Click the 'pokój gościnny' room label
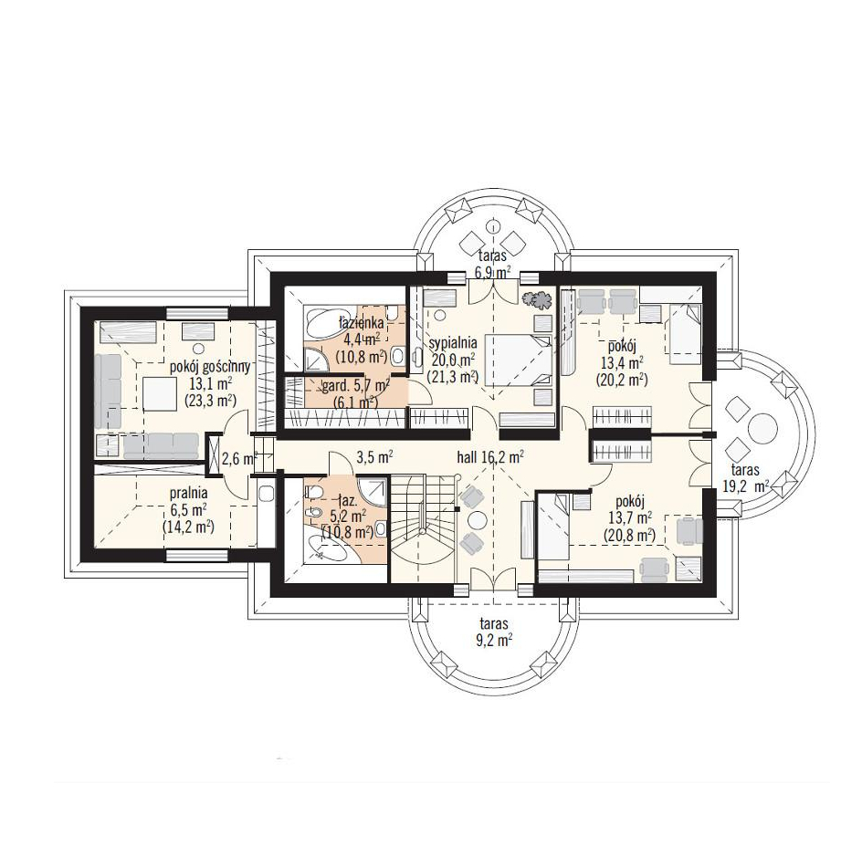click(211, 367)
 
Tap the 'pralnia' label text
click(188, 494)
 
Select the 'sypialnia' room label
click(452, 343)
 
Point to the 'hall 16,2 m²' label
click(489, 456)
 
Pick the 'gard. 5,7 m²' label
click(356, 386)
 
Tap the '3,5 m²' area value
click(374, 456)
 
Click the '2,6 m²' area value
click(238, 457)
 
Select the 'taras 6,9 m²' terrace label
click(492, 263)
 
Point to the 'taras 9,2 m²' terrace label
click(494, 632)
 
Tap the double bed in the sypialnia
click(519, 361)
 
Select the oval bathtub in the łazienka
click(324, 324)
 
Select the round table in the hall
click(476, 519)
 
